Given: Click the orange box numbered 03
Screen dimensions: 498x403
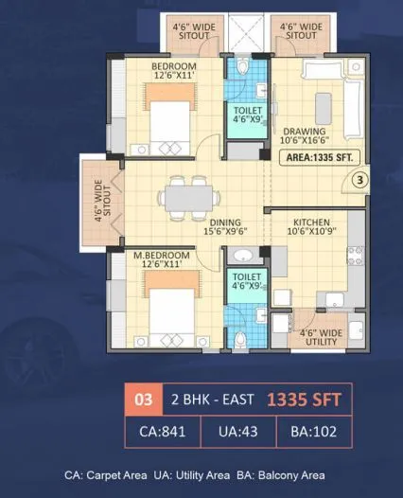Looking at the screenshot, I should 144,399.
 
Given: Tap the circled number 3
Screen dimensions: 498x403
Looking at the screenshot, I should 359,177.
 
